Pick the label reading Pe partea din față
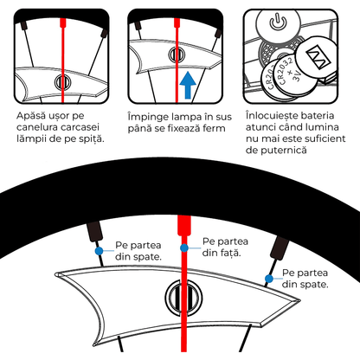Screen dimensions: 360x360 222,247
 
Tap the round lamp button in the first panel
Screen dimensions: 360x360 63,83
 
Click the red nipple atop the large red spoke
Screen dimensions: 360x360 183,228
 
